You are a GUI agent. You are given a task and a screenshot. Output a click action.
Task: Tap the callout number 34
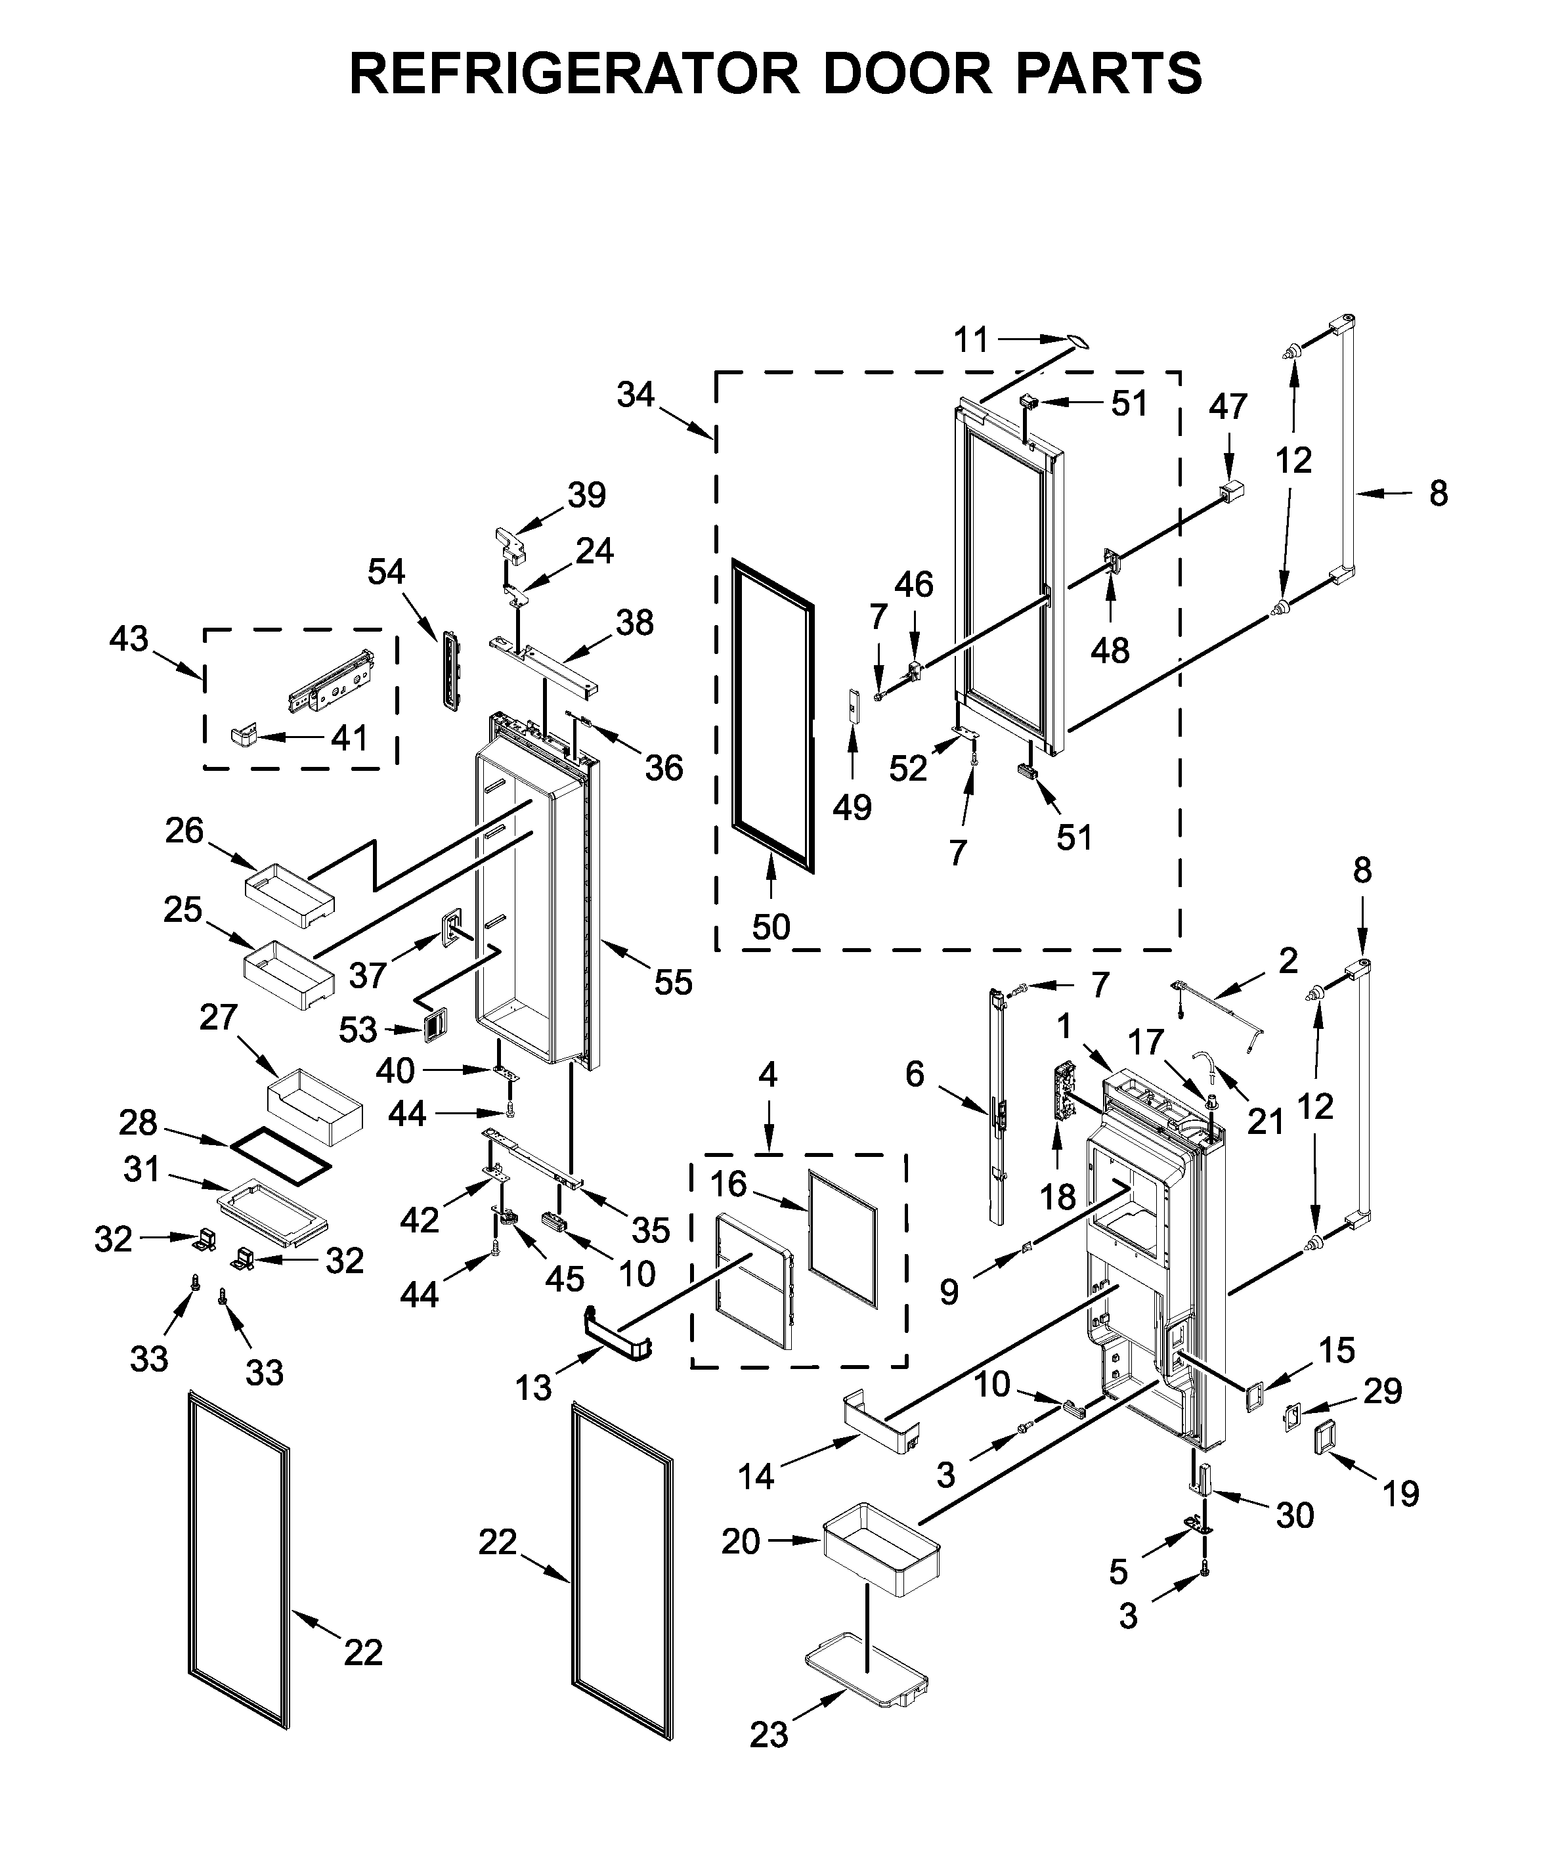[635, 395]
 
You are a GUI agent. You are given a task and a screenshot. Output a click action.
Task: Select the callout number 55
[673, 982]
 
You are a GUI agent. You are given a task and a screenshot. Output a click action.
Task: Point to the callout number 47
[1228, 406]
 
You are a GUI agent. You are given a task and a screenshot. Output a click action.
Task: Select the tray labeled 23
[867, 1670]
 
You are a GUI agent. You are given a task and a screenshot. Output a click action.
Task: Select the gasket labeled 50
[772, 717]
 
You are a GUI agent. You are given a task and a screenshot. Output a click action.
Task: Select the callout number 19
[1400, 1494]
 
